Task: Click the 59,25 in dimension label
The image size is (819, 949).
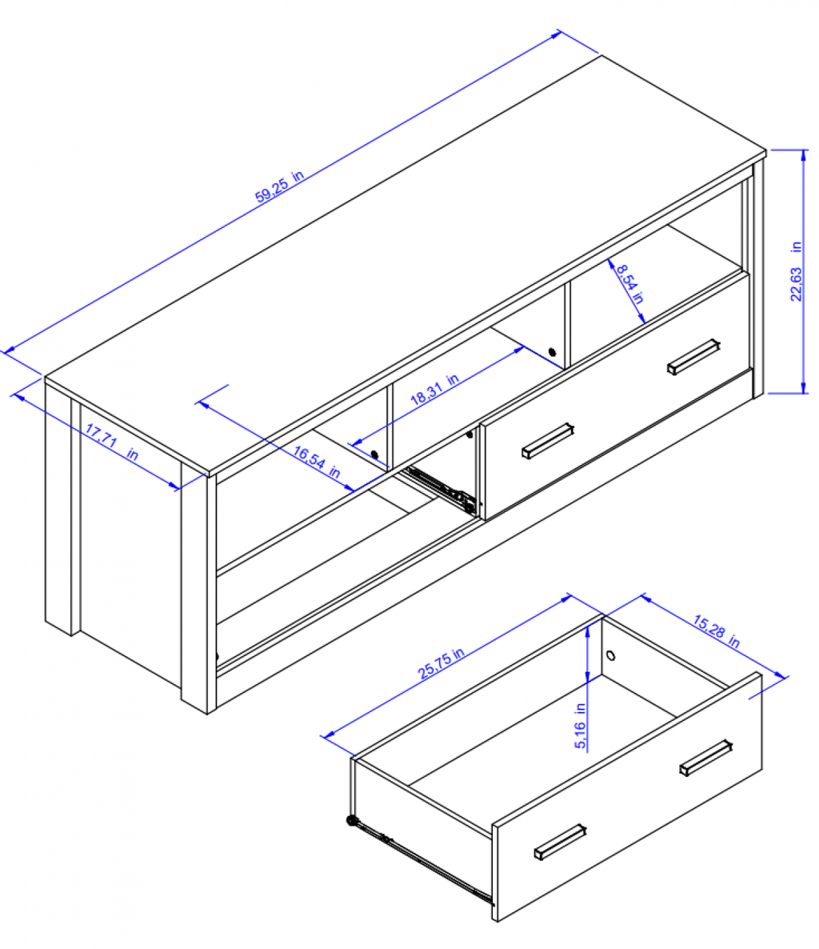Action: (x=279, y=186)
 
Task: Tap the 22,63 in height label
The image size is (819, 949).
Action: (x=796, y=271)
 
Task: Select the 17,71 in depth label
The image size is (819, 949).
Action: (x=112, y=442)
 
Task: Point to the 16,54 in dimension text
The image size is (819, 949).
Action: (x=317, y=461)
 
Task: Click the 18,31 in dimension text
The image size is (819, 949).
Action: (x=434, y=389)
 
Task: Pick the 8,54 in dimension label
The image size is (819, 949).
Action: (x=630, y=283)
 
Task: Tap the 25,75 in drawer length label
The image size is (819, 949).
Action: (x=441, y=663)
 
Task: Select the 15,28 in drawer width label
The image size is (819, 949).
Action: (x=717, y=631)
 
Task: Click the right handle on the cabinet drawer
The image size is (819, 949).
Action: (x=693, y=357)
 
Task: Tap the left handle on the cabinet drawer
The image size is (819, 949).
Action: (x=548, y=441)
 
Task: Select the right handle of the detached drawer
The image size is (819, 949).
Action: (x=706, y=757)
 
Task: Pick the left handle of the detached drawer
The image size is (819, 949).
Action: (x=560, y=841)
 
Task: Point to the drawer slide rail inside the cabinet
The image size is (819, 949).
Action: (x=441, y=489)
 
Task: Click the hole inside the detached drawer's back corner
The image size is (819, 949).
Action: (x=611, y=655)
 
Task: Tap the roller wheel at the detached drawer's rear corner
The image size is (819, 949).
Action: (x=351, y=821)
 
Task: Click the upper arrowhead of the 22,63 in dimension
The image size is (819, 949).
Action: (x=804, y=155)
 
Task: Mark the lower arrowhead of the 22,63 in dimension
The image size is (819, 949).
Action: (x=804, y=387)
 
